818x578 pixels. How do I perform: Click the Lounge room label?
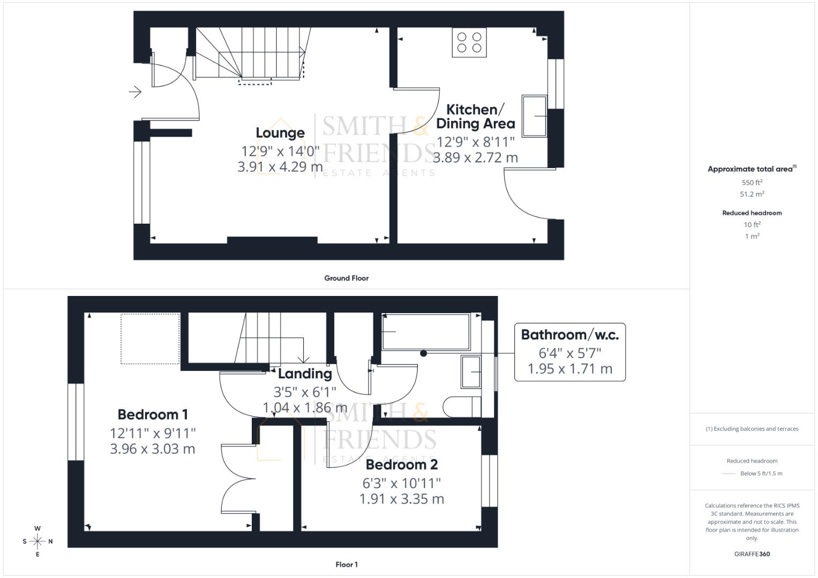point(280,133)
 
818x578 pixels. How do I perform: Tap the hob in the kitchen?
point(469,43)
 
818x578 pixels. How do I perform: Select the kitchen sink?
point(534,116)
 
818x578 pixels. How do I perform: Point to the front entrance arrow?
point(135,92)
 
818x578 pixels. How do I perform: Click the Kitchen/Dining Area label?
point(475,117)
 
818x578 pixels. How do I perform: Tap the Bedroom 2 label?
point(402,465)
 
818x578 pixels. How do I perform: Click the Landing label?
point(305,374)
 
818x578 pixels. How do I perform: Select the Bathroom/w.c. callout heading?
point(569,335)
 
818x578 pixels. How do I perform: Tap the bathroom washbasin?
point(471,371)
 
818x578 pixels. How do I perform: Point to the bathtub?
point(425,331)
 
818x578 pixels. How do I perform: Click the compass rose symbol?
point(37,541)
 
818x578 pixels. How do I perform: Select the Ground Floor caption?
point(346,278)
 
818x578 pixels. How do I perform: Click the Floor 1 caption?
point(346,565)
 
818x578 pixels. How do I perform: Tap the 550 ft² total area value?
point(752,182)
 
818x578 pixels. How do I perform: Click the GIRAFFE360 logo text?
point(752,554)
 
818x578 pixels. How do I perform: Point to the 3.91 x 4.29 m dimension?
point(280,167)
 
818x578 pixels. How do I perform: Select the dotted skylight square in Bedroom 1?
point(150,339)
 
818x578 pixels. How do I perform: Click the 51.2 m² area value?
point(752,194)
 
